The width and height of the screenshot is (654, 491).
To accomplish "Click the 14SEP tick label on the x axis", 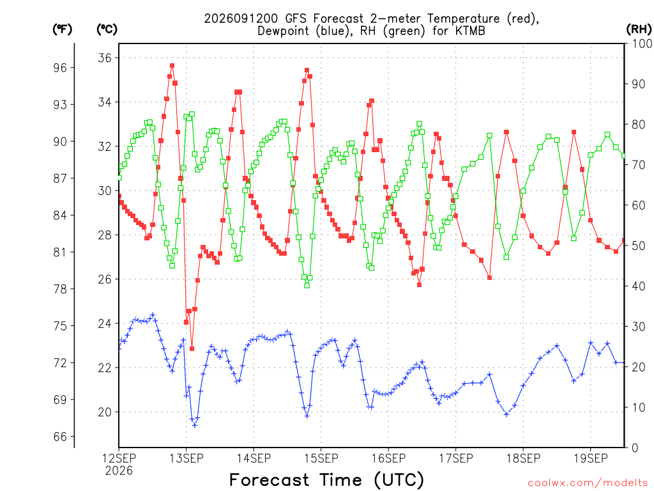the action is click(x=254, y=458).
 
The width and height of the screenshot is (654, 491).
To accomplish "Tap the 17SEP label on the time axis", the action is click(x=456, y=458).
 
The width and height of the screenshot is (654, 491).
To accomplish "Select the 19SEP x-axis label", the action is click(x=591, y=458).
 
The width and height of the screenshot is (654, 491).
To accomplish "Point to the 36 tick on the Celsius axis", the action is click(x=105, y=58).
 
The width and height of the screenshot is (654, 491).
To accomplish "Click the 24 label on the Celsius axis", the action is click(x=105, y=323).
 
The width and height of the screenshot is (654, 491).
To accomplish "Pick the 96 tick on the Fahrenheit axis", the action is click(x=60, y=68).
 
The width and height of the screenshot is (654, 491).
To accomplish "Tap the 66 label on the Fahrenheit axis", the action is click(x=60, y=437).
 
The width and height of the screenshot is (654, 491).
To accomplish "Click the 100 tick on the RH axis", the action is click(x=641, y=43).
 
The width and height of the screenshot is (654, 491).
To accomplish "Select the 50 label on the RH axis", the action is click(x=638, y=246).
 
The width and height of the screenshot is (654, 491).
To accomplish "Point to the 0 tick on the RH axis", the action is click(x=635, y=448).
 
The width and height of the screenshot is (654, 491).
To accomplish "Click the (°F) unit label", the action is click(x=62, y=29).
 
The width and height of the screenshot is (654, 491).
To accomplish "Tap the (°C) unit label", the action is click(x=107, y=29).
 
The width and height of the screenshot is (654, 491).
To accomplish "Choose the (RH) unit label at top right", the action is click(x=639, y=29).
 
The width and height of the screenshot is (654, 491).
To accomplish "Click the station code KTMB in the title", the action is click(x=471, y=31).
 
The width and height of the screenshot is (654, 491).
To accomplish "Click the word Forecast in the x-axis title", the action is click(x=269, y=479).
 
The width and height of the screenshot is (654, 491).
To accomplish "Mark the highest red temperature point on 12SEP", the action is click(x=172, y=66).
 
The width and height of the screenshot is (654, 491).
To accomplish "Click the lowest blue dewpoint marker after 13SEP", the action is click(x=194, y=425).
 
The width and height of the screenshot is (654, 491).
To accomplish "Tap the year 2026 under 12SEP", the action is click(x=119, y=471).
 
